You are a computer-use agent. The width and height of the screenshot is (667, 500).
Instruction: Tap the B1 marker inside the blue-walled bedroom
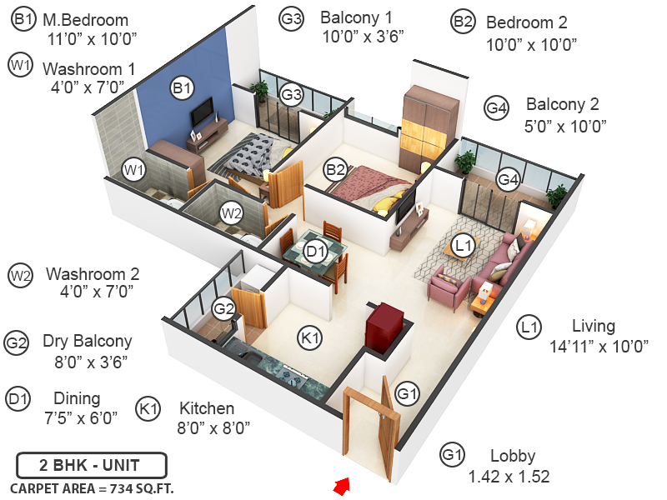(x=182, y=87)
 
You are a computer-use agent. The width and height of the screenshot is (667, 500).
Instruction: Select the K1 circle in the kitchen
(x=310, y=337)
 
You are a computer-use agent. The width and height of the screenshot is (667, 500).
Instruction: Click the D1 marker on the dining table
(x=314, y=251)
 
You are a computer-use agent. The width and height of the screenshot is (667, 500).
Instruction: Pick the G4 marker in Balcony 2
(x=508, y=179)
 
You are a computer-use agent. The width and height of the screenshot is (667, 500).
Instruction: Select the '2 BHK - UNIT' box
(x=91, y=465)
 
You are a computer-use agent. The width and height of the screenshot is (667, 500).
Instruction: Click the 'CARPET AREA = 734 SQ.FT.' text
(x=91, y=488)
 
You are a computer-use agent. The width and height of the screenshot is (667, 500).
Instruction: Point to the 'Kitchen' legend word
(x=207, y=408)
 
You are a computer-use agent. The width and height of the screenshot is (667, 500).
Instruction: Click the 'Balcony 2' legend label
(x=562, y=105)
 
